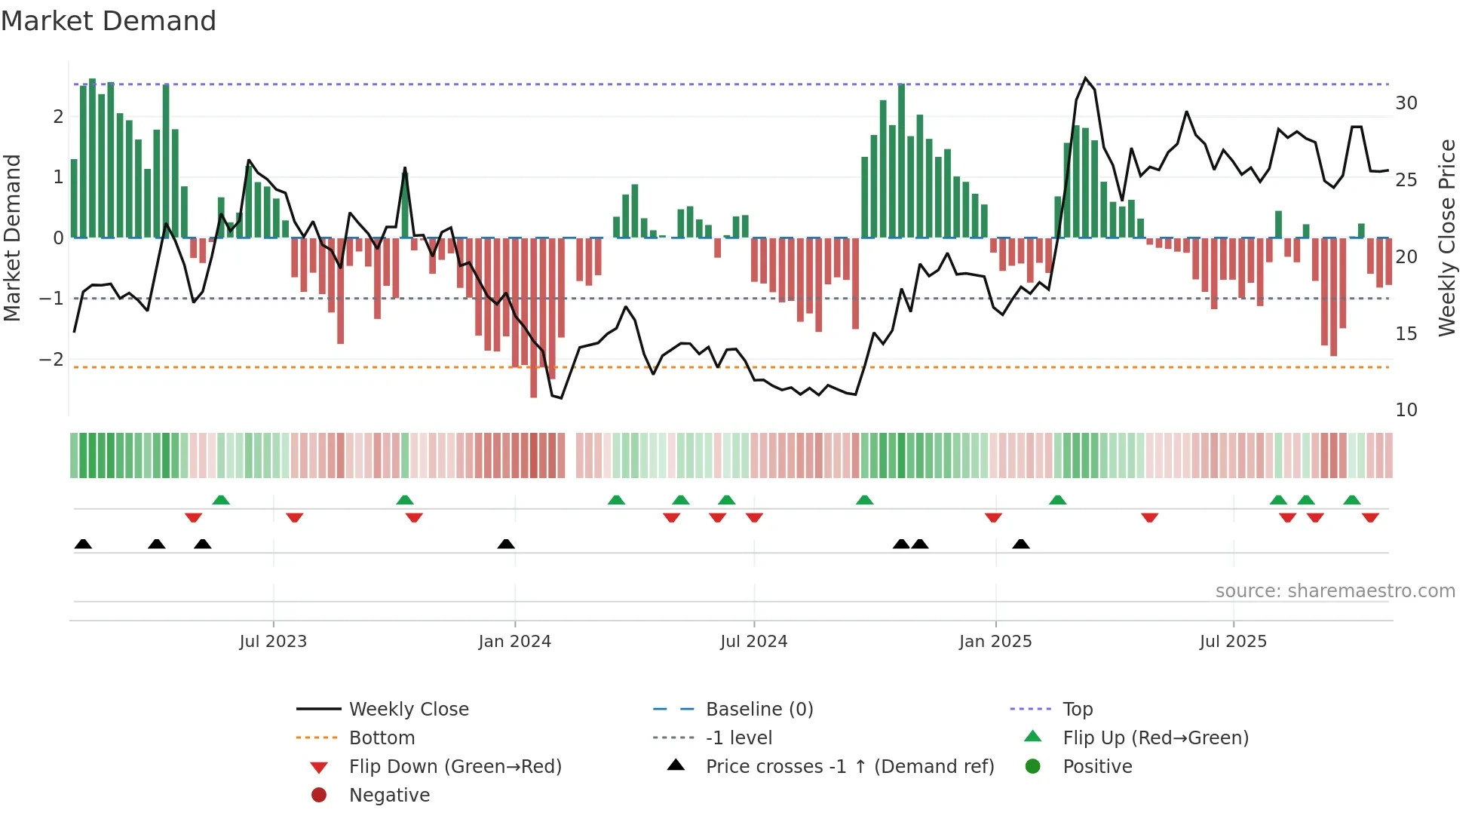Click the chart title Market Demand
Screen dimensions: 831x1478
(x=109, y=21)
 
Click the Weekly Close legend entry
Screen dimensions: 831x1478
(x=408, y=710)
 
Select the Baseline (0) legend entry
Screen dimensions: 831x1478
(x=759, y=710)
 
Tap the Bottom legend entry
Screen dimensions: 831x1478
(x=382, y=738)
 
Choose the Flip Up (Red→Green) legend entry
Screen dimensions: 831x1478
(x=1155, y=738)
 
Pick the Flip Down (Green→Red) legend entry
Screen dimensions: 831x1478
(x=455, y=767)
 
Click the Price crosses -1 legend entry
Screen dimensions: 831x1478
(x=849, y=767)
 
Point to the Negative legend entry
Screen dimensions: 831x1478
(x=389, y=796)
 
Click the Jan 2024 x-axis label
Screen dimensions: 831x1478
(x=515, y=642)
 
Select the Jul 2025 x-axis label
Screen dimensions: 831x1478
(x=1233, y=642)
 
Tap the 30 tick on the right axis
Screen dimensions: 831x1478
(x=1406, y=103)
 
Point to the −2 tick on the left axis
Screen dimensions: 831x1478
(x=51, y=360)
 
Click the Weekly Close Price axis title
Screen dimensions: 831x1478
(x=1446, y=238)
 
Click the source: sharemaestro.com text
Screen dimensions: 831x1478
(x=1335, y=591)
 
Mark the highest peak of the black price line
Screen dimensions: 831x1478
(x=1085, y=78)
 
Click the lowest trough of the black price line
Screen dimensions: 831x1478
(x=561, y=398)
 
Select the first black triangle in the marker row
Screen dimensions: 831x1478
(x=83, y=544)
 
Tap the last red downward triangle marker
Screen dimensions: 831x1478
(x=1370, y=517)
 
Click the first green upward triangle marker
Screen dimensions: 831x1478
(x=221, y=500)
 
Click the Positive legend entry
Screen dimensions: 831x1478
(x=1096, y=767)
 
